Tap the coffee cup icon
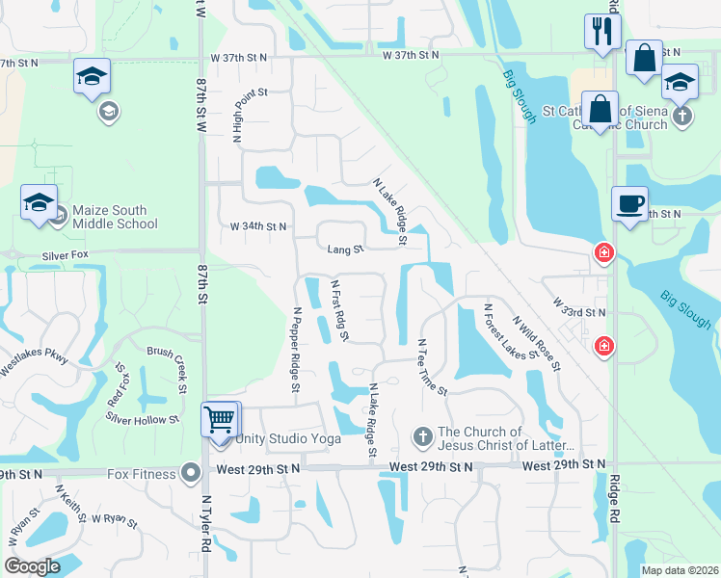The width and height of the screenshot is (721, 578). point(629,204)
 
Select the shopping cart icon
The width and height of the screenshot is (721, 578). point(220,420)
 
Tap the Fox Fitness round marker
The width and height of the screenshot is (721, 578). point(191,472)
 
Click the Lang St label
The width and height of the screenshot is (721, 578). point(345,250)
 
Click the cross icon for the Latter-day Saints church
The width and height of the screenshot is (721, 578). point(422,437)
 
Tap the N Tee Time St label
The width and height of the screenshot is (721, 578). point(432,367)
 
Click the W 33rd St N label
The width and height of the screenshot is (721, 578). point(578,312)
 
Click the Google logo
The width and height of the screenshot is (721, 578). point(33,566)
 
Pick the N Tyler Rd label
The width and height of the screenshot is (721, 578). point(205,524)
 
